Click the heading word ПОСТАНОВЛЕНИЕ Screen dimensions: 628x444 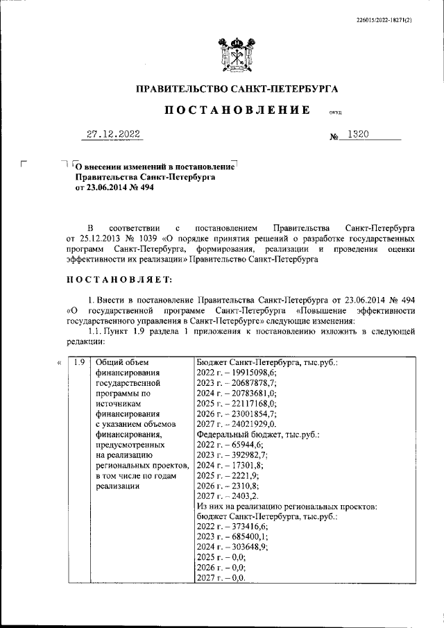pyautogui.click(x=236, y=110)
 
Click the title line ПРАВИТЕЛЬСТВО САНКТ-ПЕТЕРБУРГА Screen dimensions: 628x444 pyautogui.click(x=236, y=89)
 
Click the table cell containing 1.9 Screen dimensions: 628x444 pyautogui.click(x=80, y=362)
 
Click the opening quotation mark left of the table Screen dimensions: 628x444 pyautogui.click(x=60, y=362)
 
